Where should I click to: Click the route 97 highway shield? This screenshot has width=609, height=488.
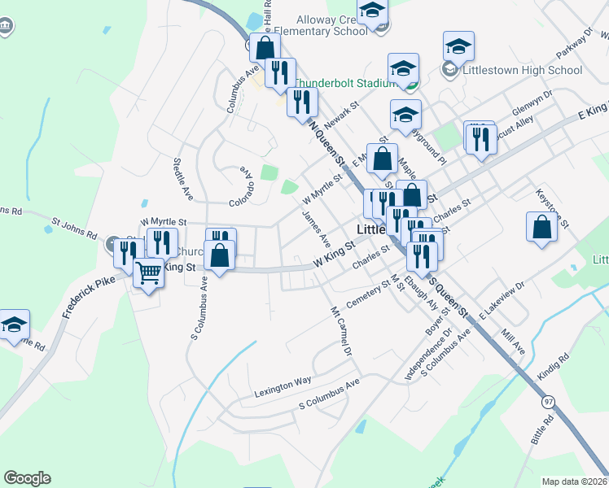[548, 403]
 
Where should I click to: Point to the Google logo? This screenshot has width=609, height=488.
[27, 478]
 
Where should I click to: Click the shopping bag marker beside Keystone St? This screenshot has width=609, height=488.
[541, 228]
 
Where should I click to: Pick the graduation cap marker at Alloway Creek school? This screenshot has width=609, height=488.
[372, 11]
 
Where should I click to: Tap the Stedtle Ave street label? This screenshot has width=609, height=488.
[182, 181]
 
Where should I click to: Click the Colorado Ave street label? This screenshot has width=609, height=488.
[243, 189]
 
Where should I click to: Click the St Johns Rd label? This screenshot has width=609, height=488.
[73, 225]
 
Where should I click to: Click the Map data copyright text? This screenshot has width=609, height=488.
[575, 481]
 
